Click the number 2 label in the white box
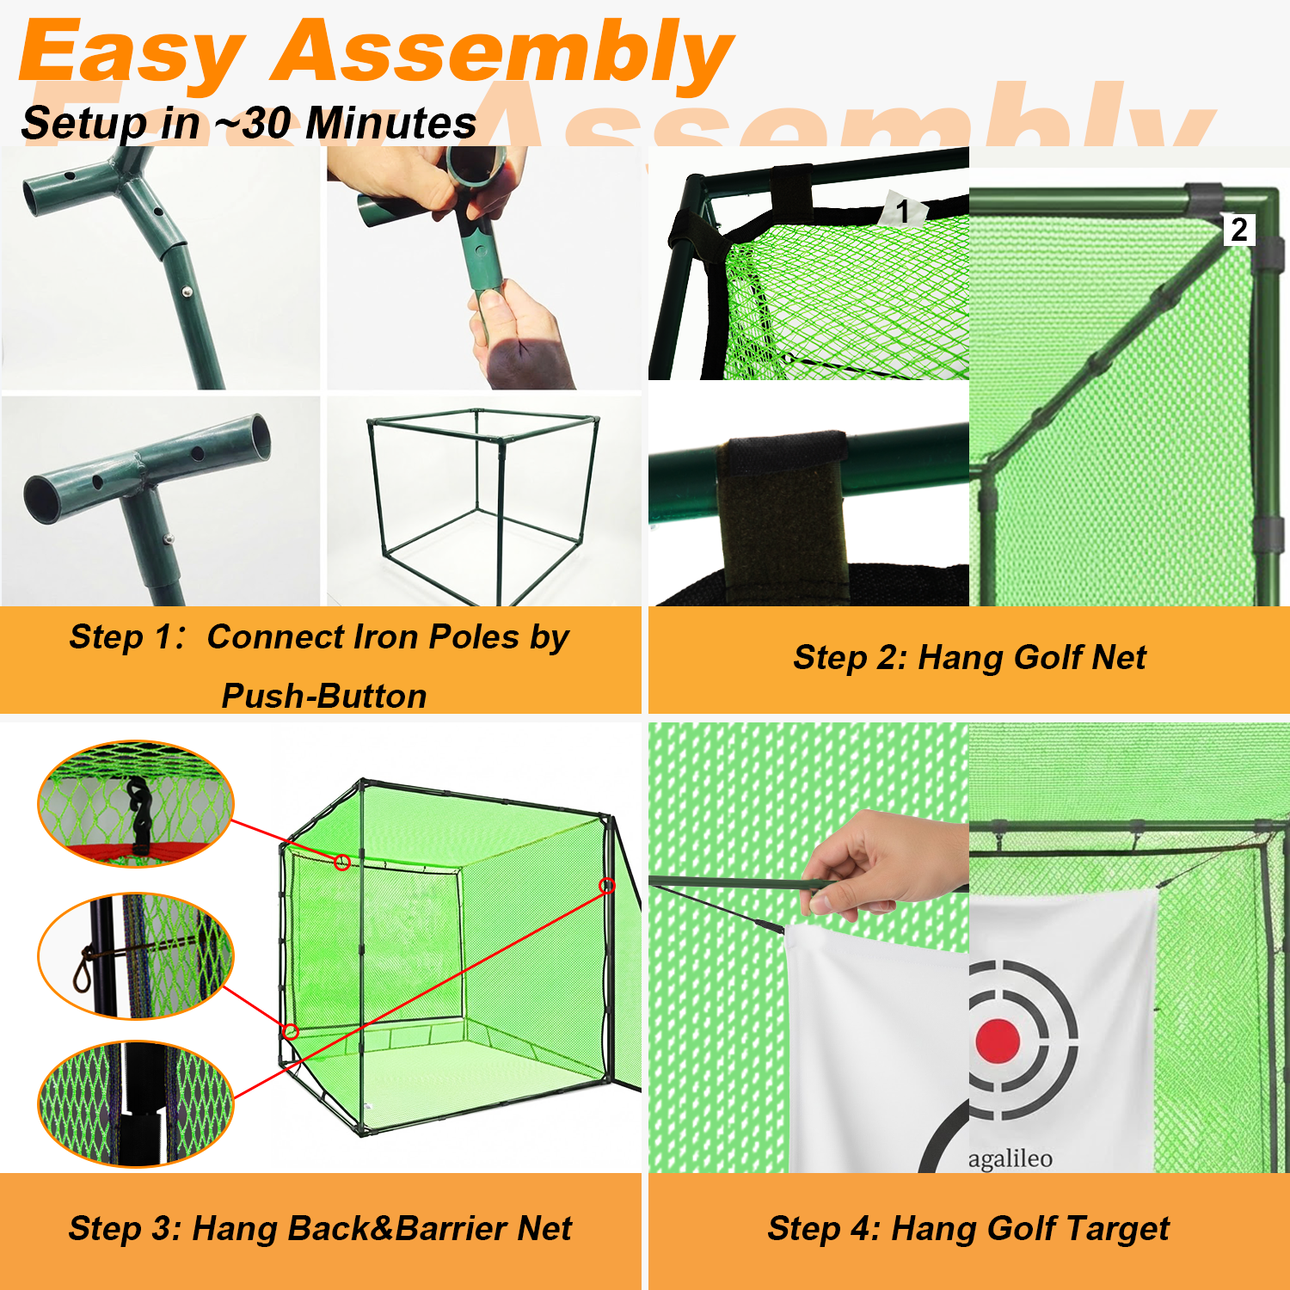pyautogui.click(x=1239, y=230)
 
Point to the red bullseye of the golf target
pyautogui.click(x=998, y=1041)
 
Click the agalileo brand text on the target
pyautogui.click(x=1010, y=1158)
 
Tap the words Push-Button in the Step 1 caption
pyautogui.click(x=324, y=696)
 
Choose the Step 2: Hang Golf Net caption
pyautogui.click(x=969, y=658)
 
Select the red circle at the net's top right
pyautogui.click(x=607, y=886)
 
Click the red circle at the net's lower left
pyautogui.click(x=291, y=1031)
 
